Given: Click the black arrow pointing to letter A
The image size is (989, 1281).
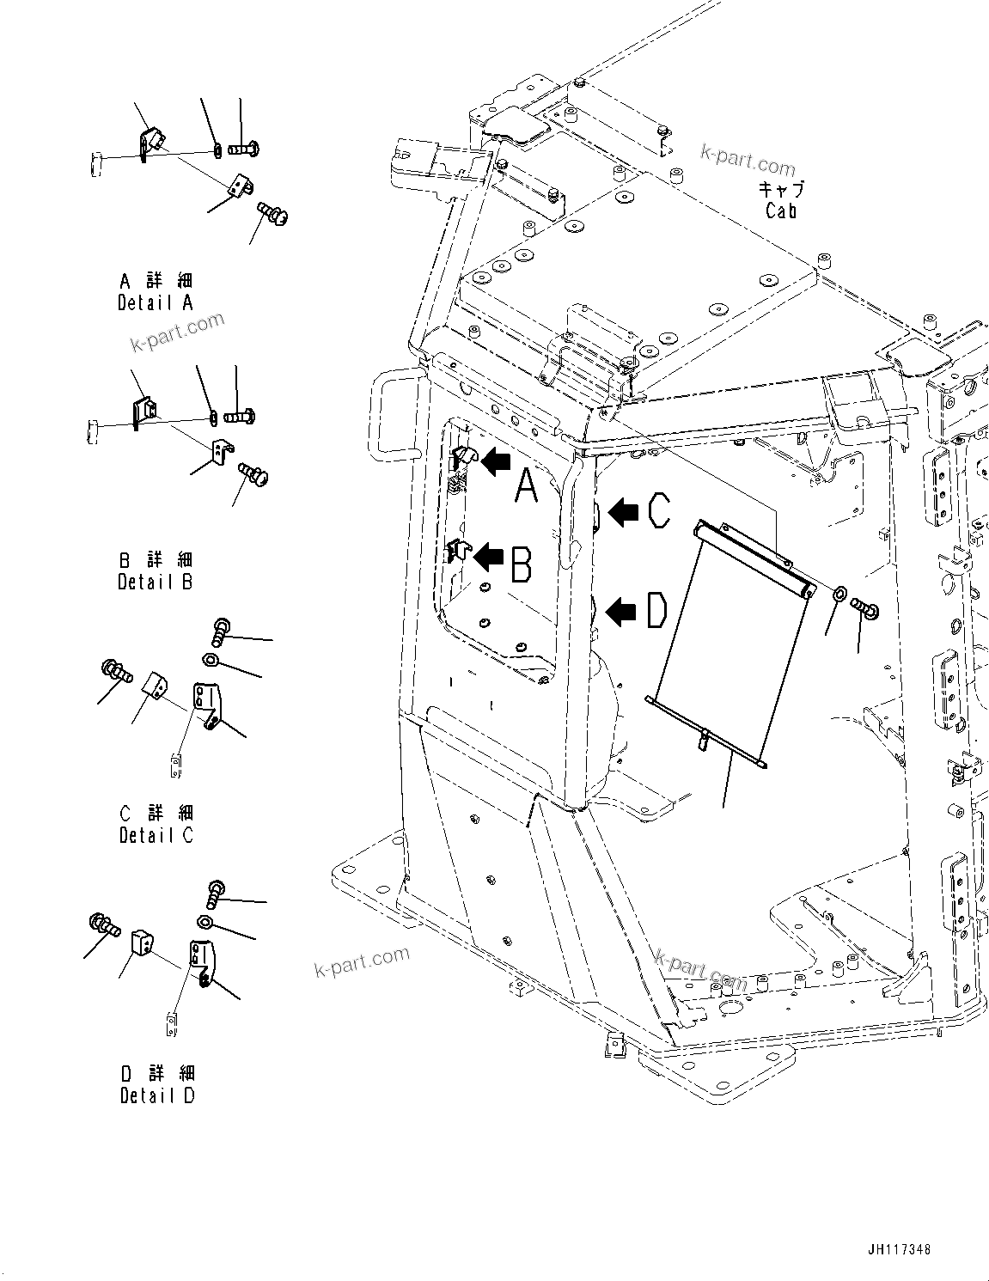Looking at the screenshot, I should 495,463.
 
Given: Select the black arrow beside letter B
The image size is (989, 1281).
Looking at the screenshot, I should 489,557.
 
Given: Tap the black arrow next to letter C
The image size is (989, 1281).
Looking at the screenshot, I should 623,513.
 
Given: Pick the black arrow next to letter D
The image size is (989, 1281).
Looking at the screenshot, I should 622,613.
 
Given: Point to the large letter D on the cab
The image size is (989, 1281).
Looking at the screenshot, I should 656,613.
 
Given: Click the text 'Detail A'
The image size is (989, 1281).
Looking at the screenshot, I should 155,302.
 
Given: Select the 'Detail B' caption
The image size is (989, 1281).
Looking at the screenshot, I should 155,582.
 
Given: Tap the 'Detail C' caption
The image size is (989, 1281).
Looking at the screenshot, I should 156,834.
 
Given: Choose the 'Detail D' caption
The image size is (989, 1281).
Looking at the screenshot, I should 157,1095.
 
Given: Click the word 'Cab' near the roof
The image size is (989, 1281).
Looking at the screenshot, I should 780,210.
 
